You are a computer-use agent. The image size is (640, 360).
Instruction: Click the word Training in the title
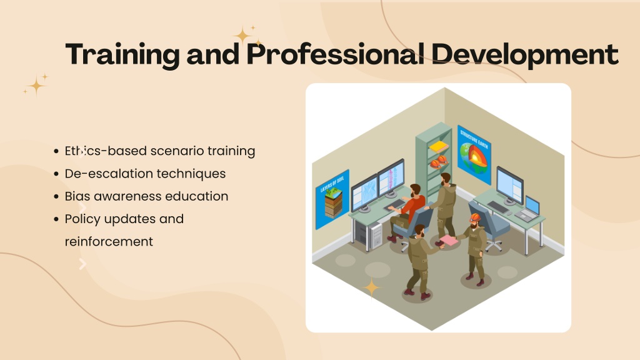pos(122,55)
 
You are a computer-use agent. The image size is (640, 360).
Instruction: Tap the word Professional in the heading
pos(336,54)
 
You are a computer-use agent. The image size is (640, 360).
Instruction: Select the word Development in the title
pos(525,55)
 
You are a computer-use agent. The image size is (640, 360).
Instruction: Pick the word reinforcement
pos(109,241)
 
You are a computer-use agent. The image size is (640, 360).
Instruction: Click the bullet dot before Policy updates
pos(56,219)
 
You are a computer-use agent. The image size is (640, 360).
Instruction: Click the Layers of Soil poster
pos(332,199)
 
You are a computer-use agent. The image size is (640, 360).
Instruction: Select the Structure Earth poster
pos(474,155)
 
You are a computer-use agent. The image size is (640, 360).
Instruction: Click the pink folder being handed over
pos(449,240)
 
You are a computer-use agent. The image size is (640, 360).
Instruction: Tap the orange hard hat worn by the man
pos(475,217)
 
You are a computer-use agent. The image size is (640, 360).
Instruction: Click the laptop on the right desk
pos(529,209)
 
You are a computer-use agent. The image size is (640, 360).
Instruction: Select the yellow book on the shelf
pos(438,146)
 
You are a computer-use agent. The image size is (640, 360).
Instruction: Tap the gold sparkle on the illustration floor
pos(371,288)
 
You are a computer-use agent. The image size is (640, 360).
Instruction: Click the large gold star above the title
pos(243,36)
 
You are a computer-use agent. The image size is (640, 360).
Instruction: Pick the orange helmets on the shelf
pos(439,162)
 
